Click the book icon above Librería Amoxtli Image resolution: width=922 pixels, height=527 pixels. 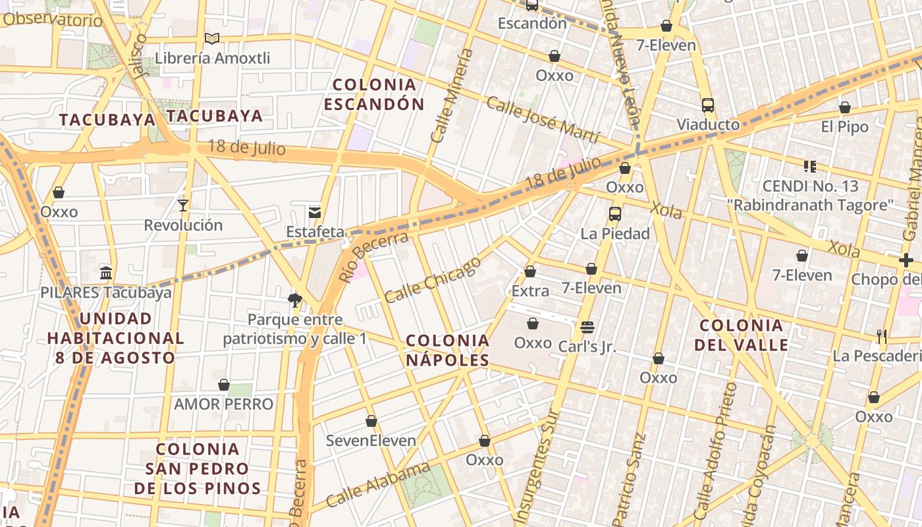coord(211,39)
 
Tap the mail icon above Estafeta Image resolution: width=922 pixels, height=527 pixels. coord(315,212)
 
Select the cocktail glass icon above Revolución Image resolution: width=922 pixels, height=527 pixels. coord(183,206)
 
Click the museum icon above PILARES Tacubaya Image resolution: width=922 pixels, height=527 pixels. coord(106,273)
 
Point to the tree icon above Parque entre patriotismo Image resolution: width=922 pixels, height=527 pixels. coord(294,300)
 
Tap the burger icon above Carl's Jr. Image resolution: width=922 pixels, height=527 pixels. coord(587,327)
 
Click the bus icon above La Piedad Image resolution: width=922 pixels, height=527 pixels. coord(615,214)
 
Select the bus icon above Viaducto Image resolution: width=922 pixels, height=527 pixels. coord(708,105)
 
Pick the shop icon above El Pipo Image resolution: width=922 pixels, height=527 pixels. coord(845,107)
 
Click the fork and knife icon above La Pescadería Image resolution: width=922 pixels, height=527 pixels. coord(882,337)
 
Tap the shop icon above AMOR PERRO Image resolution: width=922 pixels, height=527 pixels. coord(224,385)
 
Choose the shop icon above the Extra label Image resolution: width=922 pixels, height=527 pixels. coord(530,271)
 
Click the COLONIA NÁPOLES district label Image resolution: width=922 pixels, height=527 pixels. coord(448,350)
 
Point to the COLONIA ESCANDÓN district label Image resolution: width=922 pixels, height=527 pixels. coord(374,94)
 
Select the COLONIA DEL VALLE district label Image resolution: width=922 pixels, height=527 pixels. coord(742,335)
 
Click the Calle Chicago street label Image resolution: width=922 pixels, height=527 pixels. coord(433,280)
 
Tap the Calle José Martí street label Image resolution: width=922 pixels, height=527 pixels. coord(543,119)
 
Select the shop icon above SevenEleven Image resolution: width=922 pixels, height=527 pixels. coord(371,421)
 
